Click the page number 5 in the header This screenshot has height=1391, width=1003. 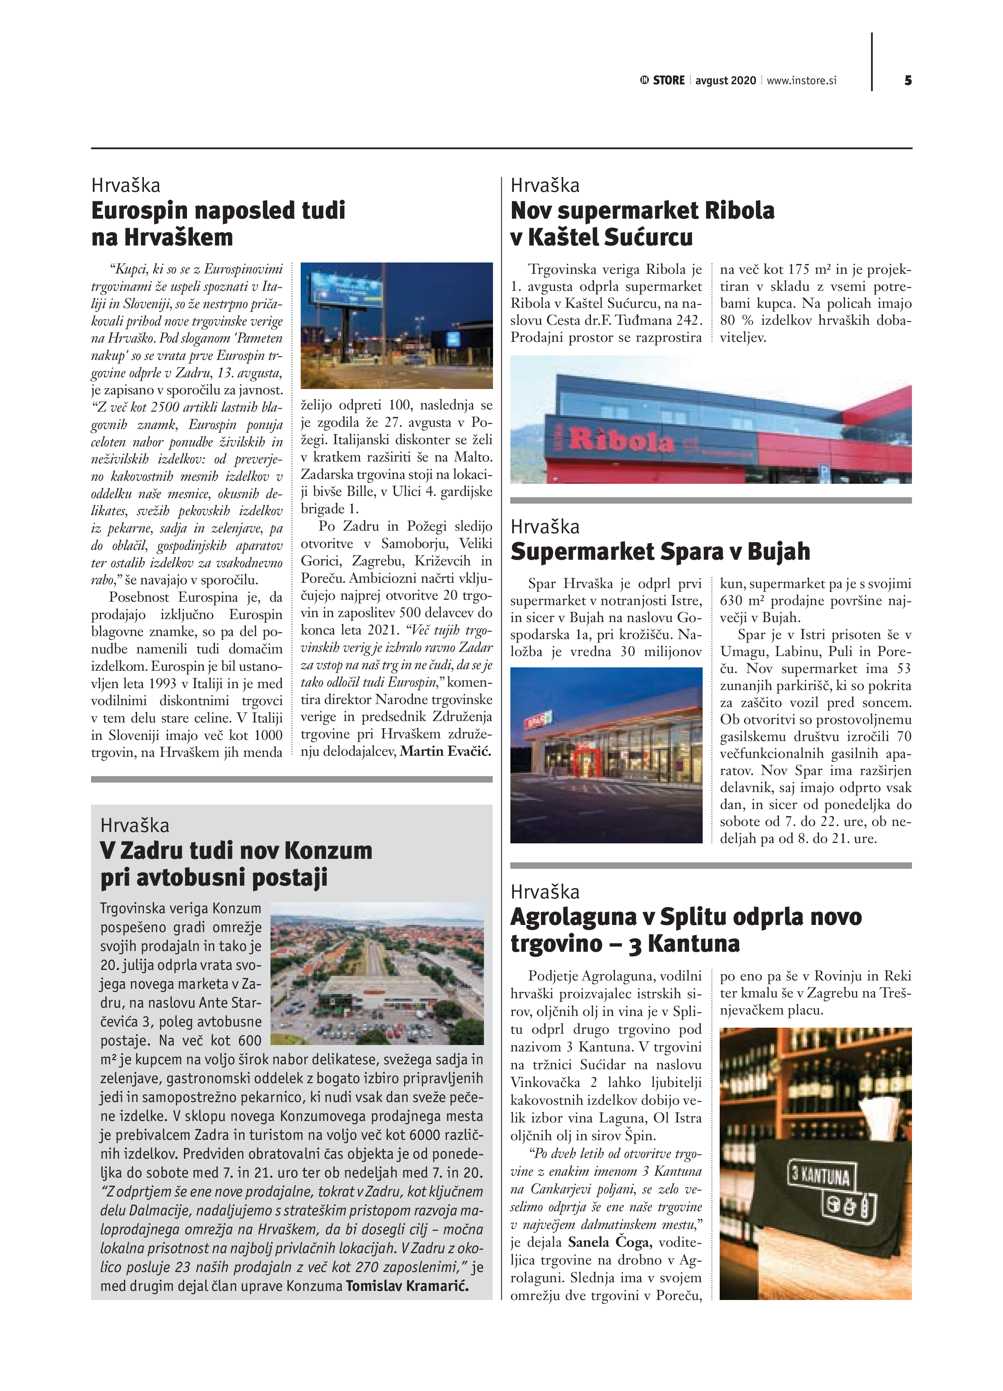(x=908, y=80)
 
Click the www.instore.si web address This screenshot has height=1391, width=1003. (x=801, y=80)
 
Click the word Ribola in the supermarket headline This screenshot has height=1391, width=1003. (x=739, y=210)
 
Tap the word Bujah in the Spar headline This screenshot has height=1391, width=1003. (x=779, y=551)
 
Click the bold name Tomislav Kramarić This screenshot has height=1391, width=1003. (x=407, y=1286)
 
